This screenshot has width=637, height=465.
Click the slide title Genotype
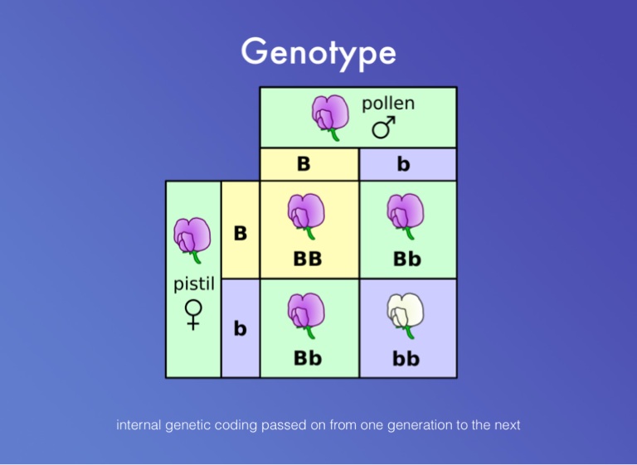tap(318, 51)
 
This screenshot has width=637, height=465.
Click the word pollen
tap(388, 104)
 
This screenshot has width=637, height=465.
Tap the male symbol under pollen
tap(382, 128)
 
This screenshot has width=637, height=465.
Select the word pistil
tap(194, 284)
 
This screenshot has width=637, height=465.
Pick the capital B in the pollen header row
tap(304, 164)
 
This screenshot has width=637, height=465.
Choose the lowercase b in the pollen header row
tap(403, 164)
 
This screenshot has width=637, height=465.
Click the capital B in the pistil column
tap(241, 234)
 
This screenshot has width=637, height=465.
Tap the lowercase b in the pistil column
tap(241, 329)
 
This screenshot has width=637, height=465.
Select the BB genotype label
tap(308, 259)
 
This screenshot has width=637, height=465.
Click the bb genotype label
tap(406, 359)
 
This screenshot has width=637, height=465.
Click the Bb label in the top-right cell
tap(406, 259)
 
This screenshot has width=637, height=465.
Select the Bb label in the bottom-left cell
tap(308, 359)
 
